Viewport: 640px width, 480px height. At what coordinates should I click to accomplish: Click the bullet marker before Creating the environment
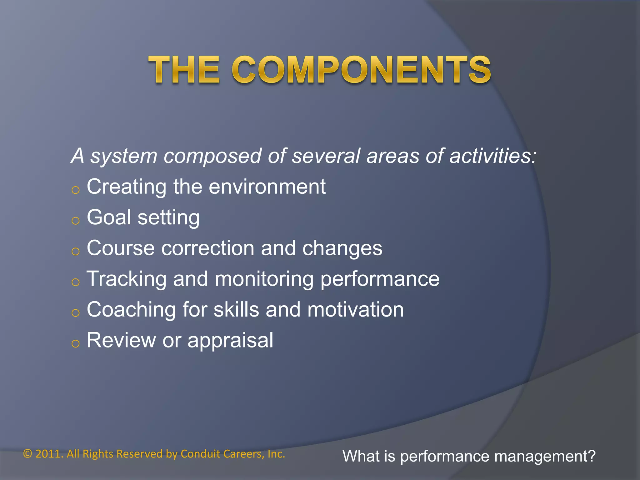point(75,190)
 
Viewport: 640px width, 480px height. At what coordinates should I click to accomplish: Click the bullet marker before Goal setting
point(75,221)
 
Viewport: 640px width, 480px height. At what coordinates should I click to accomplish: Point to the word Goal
point(109,217)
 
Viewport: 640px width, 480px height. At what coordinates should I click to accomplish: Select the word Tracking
point(126,279)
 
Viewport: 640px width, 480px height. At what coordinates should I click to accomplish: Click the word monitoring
point(264,279)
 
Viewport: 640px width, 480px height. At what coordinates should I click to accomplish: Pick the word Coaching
point(131,310)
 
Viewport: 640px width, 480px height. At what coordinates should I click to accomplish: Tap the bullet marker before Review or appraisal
point(75,343)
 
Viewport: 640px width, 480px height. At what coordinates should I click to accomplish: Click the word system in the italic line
point(124,156)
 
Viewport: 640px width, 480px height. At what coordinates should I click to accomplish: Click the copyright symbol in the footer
point(28,454)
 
